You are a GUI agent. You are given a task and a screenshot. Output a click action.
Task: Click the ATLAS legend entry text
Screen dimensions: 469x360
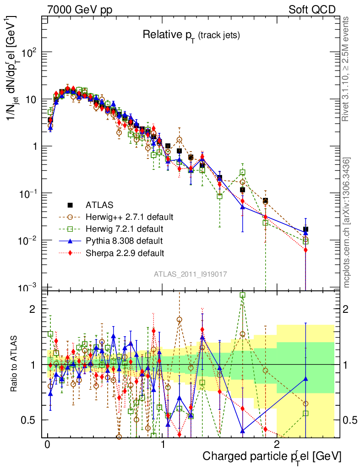click(99, 205)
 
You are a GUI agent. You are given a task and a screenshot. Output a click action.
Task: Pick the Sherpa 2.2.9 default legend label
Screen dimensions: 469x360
click(125, 252)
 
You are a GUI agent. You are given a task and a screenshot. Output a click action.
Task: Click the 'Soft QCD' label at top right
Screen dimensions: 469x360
click(312, 10)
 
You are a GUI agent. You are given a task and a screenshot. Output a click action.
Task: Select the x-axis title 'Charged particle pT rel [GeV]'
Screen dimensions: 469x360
click(272, 456)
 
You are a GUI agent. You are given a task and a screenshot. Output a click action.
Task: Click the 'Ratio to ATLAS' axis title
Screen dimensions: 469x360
click(15, 364)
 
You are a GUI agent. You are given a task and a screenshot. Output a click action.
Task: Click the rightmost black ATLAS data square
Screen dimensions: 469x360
click(305, 229)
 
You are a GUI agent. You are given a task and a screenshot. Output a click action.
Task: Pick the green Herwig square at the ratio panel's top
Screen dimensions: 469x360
click(242, 295)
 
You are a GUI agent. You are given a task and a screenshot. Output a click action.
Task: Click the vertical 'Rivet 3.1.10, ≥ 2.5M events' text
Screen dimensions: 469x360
click(346, 69)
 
